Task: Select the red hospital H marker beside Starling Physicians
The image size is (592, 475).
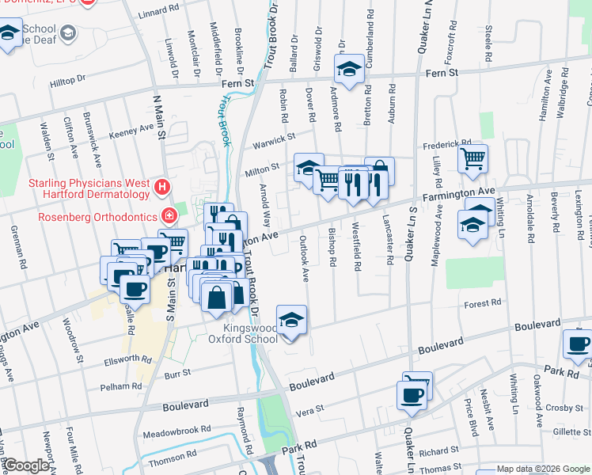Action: coord(161,188)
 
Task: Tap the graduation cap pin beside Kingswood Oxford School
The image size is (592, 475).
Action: coord(291,320)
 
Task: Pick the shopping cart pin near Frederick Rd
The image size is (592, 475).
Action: coord(472,159)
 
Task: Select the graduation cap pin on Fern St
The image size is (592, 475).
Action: coord(348,69)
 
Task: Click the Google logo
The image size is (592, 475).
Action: coord(26,465)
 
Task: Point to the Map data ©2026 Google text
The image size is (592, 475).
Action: coord(543,469)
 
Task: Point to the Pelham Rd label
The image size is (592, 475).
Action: coord(120,386)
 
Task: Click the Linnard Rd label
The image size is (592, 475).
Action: coord(158,12)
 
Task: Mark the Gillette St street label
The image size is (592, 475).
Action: coord(566,431)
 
